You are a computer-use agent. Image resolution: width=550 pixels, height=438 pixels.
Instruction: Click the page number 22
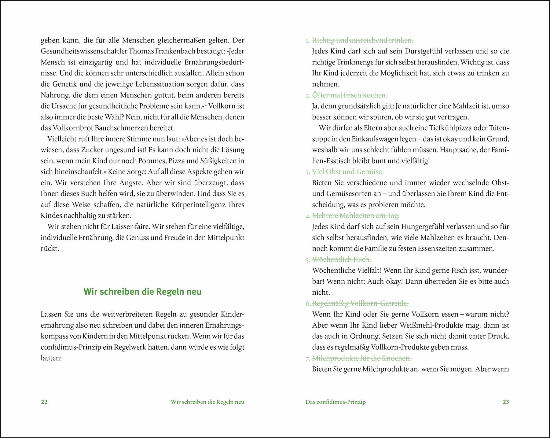click(x=44, y=402)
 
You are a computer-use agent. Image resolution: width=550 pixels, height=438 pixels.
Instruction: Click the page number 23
click(x=506, y=402)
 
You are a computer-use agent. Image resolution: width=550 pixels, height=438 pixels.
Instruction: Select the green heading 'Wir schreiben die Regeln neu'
click(x=142, y=292)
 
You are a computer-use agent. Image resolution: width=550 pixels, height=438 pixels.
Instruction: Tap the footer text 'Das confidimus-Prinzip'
click(x=335, y=402)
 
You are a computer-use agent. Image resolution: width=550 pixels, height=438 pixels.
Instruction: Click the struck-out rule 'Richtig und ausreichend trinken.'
click(x=363, y=40)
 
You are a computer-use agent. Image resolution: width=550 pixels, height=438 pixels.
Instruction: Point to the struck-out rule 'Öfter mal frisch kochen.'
click(x=350, y=95)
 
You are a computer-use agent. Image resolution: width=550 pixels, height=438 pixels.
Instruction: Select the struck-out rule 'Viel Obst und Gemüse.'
click(x=348, y=172)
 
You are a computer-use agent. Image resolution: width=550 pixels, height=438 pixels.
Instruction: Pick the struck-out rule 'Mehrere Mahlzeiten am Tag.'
click(x=356, y=216)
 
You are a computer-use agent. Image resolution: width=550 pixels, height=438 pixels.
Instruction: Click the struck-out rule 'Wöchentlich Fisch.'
click(x=341, y=259)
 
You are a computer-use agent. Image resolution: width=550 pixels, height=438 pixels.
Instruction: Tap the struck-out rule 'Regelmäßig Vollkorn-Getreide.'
click(x=360, y=304)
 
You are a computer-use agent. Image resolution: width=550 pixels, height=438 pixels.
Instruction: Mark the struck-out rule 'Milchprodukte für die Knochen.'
click(x=361, y=358)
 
